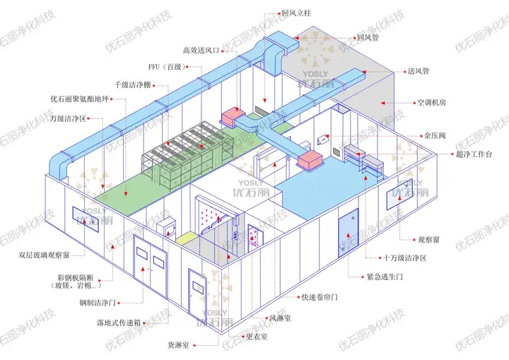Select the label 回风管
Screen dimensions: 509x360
pos(370,37)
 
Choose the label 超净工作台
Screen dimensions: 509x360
pos(455,153)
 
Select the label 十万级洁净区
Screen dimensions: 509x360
pos(405,258)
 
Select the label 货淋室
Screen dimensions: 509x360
pos(177,345)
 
